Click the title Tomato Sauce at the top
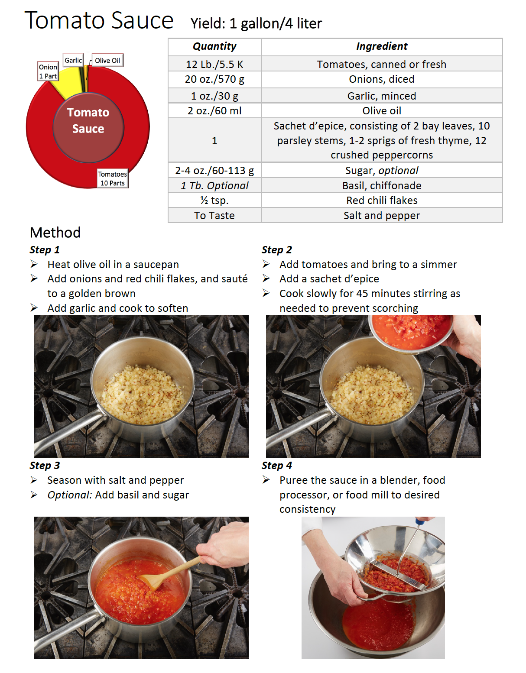click(x=99, y=20)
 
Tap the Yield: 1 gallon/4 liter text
click(x=256, y=23)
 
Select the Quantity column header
click(x=214, y=46)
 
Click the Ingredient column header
click(x=381, y=46)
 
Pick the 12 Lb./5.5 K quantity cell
click(x=214, y=64)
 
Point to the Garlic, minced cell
click(x=381, y=96)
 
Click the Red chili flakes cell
click(x=381, y=200)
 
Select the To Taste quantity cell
click(x=214, y=215)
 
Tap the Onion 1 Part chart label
click(x=48, y=71)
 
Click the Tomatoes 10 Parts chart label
click(x=112, y=178)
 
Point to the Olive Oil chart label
click(x=107, y=61)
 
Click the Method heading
click(x=55, y=233)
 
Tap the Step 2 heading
click(x=276, y=250)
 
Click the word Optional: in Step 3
click(x=69, y=495)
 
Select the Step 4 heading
click(x=276, y=466)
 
